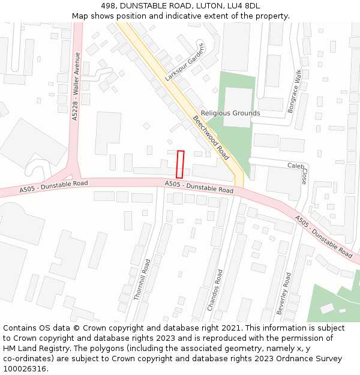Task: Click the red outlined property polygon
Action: (179, 164)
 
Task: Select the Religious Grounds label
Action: (230, 113)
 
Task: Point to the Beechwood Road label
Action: (211, 137)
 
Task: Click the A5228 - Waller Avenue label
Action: (76, 86)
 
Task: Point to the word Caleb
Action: (296, 166)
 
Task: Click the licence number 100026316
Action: (26, 369)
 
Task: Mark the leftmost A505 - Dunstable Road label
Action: (53, 186)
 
